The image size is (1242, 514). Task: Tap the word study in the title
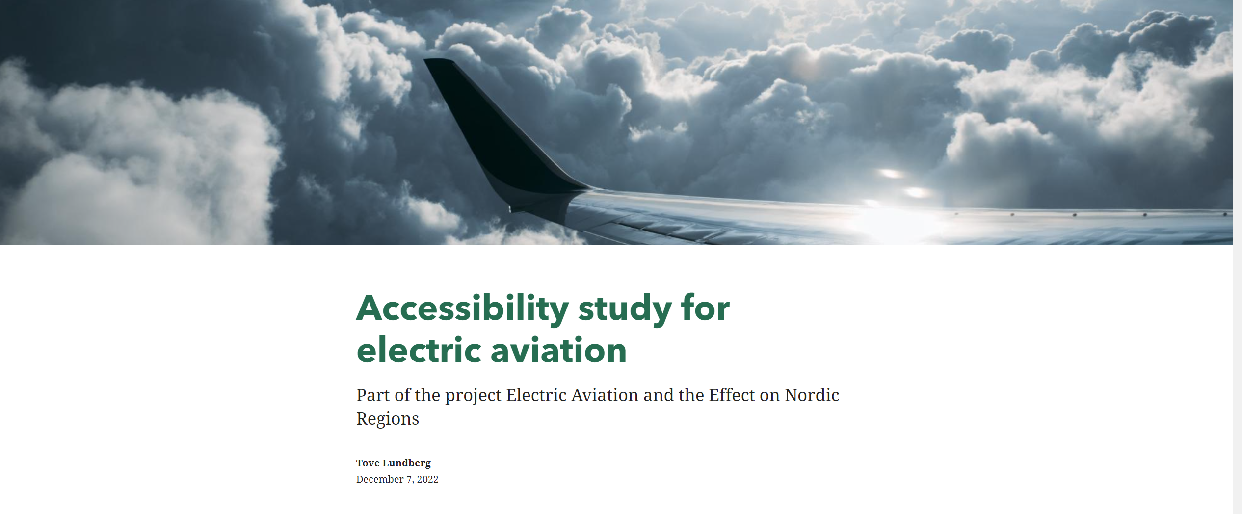coord(625,309)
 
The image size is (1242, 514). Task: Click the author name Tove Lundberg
coord(394,463)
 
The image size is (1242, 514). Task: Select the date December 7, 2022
coord(397,479)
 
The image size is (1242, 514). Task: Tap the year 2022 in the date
coord(427,479)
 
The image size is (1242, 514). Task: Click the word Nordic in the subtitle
coord(812,395)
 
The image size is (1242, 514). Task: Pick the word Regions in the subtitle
coord(388,419)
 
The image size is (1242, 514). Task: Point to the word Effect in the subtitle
coord(732,395)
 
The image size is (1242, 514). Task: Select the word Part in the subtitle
coord(371,395)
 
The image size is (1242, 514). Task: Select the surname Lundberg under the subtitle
coord(406,463)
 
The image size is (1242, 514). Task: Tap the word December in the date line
coord(380,479)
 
